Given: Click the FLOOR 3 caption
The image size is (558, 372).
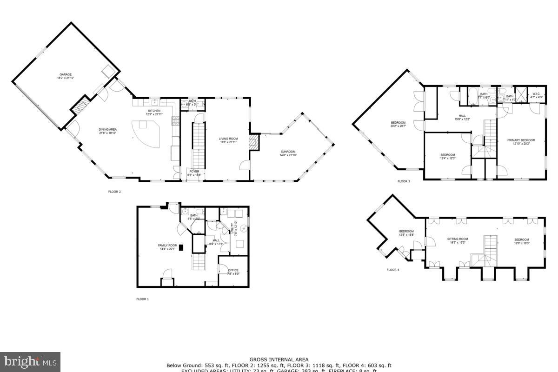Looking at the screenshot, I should [404, 181].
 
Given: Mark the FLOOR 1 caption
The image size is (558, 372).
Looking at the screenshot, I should [142, 299].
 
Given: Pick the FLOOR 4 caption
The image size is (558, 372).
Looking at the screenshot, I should [392, 270].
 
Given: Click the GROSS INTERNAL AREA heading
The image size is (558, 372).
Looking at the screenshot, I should [279, 359].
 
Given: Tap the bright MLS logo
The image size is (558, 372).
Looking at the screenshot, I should [30, 361].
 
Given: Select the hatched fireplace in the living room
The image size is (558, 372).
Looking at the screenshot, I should [253, 142].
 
